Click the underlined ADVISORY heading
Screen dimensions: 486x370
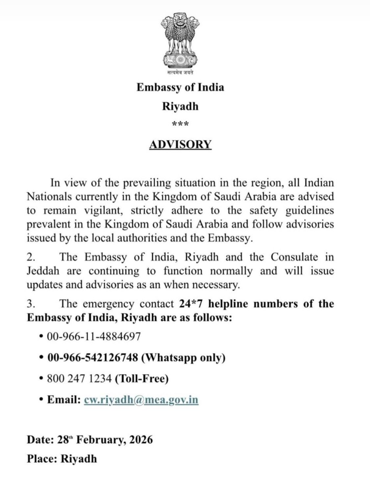pyautogui.click(x=180, y=145)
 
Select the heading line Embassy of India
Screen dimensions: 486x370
pyautogui.click(x=180, y=88)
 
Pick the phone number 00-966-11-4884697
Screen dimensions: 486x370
pyautogui.click(x=94, y=336)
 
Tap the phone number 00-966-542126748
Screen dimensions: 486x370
pyautogui.click(x=93, y=358)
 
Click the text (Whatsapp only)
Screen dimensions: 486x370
pyautogui.click(x=183, y=358)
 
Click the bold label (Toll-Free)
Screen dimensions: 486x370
pyautogui.click(x=142, y=379)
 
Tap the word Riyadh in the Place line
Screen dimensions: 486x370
pyautogui.click(x=79, y=459)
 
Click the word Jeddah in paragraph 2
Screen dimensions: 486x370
pyautogui.click(x=43, y=271)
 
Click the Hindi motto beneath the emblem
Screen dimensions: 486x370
pyautogui.click(x=180, y=72)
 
